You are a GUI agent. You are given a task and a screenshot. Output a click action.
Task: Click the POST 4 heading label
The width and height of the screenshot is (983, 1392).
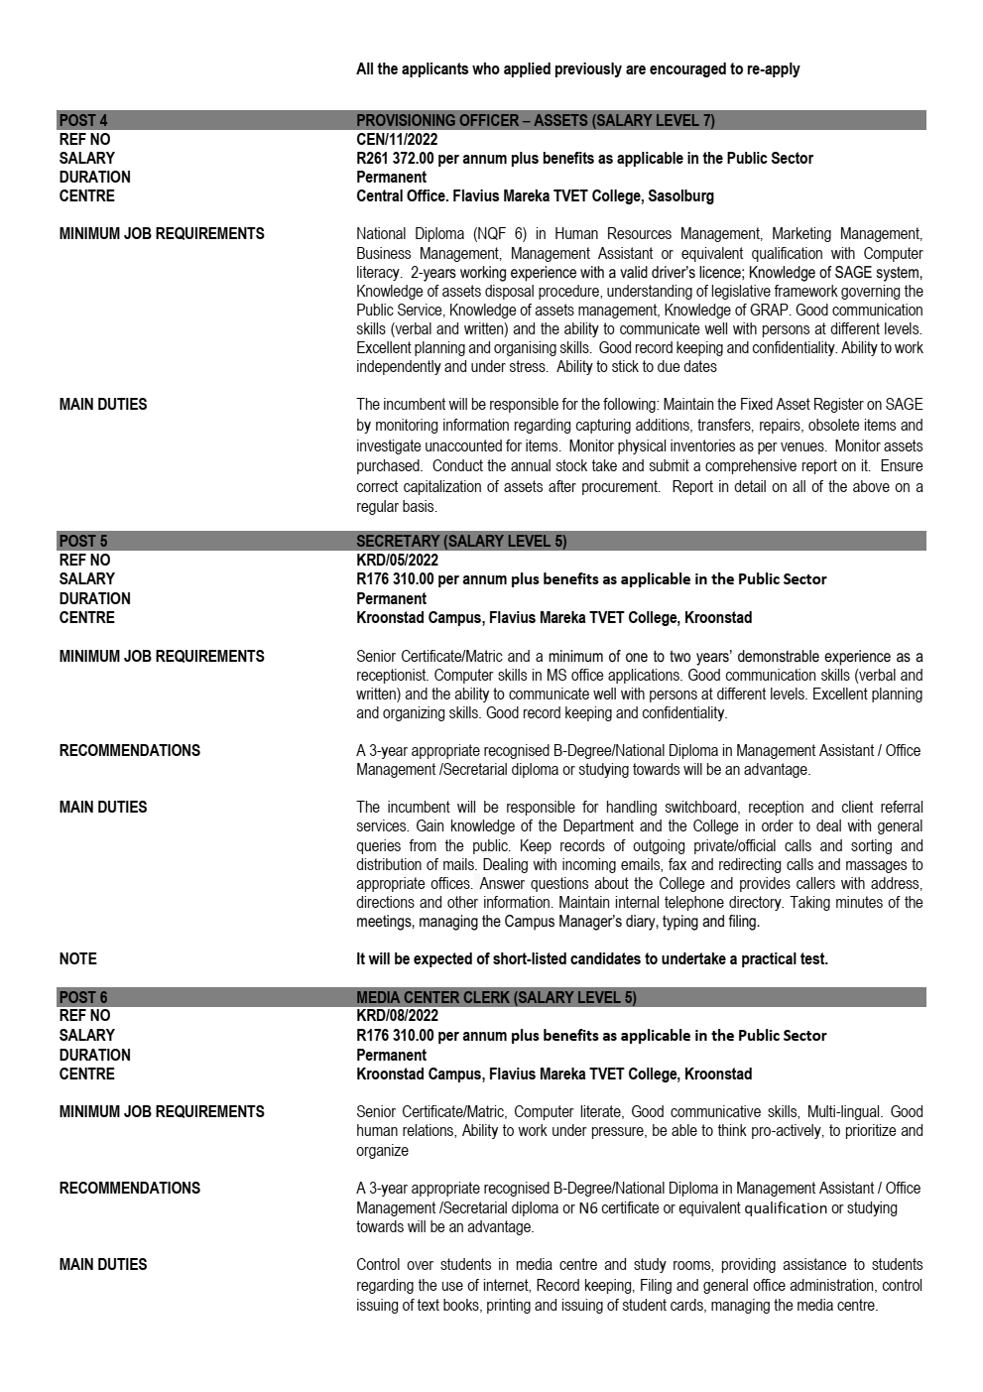point(83,121)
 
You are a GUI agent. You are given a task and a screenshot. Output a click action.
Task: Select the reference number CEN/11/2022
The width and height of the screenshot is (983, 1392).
point(397,140)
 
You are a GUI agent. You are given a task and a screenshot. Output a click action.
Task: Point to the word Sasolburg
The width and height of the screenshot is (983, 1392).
point(680,196)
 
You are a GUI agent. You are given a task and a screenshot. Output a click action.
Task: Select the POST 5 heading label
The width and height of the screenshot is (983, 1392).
point(83,542)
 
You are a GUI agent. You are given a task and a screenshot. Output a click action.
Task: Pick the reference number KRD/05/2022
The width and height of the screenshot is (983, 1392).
point(397,561)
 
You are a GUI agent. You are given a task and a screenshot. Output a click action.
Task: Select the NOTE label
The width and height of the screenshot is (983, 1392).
point(78,959)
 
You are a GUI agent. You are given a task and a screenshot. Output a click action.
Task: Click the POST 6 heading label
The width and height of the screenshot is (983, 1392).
point(83,998)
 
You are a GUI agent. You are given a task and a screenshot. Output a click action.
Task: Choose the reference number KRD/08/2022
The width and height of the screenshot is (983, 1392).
point(397,1017)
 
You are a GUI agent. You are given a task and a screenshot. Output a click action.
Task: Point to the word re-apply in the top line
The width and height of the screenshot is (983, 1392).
point(774,69)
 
